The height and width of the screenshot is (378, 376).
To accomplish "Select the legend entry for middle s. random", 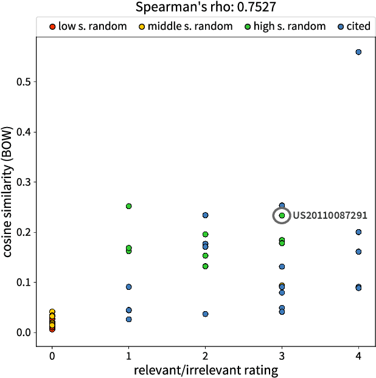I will pyautogui.click(x=179, y=27).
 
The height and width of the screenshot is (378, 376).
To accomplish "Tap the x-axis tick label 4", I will pyautogui.click(x=358, y=354).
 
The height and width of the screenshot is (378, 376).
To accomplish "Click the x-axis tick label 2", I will pyautogui.click(x=205, y=354).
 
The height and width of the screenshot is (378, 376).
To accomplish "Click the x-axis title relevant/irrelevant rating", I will pyautogui.click(x=205, y=369).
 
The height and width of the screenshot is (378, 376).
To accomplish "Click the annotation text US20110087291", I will pyautogui.click(x=330, y=215).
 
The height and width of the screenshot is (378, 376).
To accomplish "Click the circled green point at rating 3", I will pyautogui.click(x=282, y=216).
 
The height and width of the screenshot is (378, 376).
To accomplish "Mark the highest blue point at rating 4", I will pyautogui.click(x=358, y=52).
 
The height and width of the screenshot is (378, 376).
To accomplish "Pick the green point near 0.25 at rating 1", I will pyautogui.click(x=129, y=206).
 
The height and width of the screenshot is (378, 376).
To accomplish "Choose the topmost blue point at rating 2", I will pyautogui.click(x=205, y=215).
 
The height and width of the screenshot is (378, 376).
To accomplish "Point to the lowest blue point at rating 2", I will pyautogui.click(x=205, y=314).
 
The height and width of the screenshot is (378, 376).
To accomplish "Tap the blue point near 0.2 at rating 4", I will pyautogui.click(x=358, y=232).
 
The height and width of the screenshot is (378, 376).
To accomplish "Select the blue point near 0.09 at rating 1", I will pyautogui.click(x=129, y=287).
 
